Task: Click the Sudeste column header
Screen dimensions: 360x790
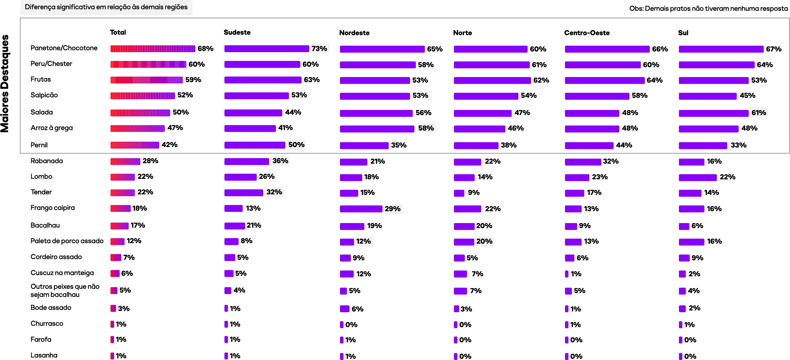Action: [x=237, y=32]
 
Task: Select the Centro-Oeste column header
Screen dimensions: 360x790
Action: [x=587, y=33]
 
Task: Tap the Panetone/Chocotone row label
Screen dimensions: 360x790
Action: [x=64, y=48]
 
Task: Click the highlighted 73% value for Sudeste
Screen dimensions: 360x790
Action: [x=319, y=48]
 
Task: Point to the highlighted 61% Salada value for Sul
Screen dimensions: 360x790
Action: [x=759, y=112]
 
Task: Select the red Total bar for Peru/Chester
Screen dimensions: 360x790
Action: [x=148, y=64]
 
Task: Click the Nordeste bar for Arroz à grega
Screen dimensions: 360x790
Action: [x=377, y=129]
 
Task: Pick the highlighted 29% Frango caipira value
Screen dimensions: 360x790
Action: [x=392, y=209]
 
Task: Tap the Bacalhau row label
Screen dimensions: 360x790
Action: [x=45, y=225]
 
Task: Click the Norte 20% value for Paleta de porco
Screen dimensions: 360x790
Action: [x=484, y=241]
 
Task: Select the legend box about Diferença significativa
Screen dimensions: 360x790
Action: [x=106, y=7]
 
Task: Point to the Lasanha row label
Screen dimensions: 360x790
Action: [x=44, y=355]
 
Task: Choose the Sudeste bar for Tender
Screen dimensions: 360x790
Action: [x=243, y=193]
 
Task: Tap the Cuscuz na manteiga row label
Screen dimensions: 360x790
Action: [x=62, y=273]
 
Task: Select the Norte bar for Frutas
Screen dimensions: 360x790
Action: [x=492, y=80]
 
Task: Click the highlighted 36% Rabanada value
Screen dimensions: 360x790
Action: [x=280, y=161]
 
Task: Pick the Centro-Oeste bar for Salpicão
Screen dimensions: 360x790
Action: [x=597, y=96]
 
